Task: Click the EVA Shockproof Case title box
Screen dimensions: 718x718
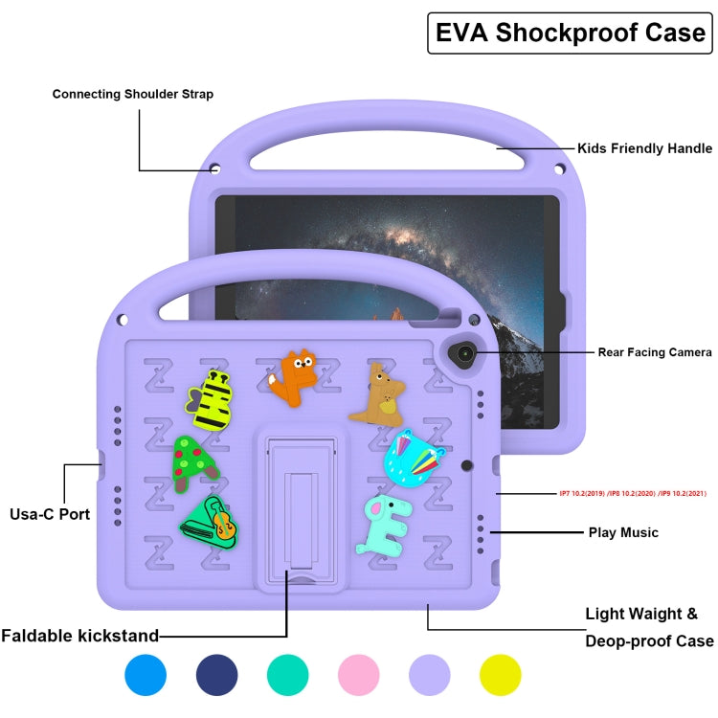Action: click(x=570, y=33)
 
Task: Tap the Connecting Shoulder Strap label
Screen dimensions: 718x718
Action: click(x=133, y=94)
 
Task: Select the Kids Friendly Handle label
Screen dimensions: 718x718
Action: click(x=644, y=148)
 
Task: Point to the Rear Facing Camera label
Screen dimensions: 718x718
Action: click(x=655, y=352)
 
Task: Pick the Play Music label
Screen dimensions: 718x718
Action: click(x=623, y=532)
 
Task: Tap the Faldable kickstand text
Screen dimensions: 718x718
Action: click(x=79, y=635)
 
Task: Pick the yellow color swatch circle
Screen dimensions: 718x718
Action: click(x=500, y=675)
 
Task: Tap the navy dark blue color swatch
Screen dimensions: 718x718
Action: click(x=216, y=675)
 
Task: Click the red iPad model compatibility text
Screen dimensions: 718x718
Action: click(x=633, y=494)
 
